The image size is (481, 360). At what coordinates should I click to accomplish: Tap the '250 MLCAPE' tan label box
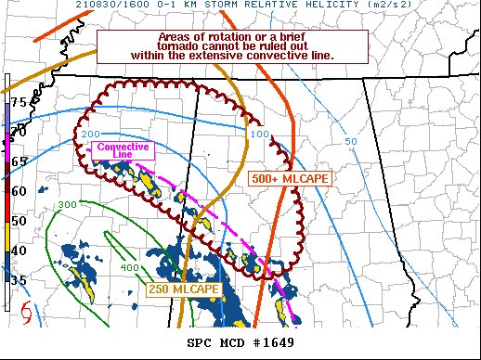pos(183,290)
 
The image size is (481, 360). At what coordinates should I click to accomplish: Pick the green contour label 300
pos(66,204)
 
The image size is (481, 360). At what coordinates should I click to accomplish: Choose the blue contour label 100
pos(259,135)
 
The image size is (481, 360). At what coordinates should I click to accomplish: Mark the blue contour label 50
pos(350,141)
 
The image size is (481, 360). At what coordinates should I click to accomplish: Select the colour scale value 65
pos(19,161)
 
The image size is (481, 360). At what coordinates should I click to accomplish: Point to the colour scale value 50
pos(19,221)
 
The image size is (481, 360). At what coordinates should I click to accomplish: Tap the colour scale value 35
pos(19,278)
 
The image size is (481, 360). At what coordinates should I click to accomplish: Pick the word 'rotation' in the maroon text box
pos(205,36)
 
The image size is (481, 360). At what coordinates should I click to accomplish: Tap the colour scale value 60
pos(19,191)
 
